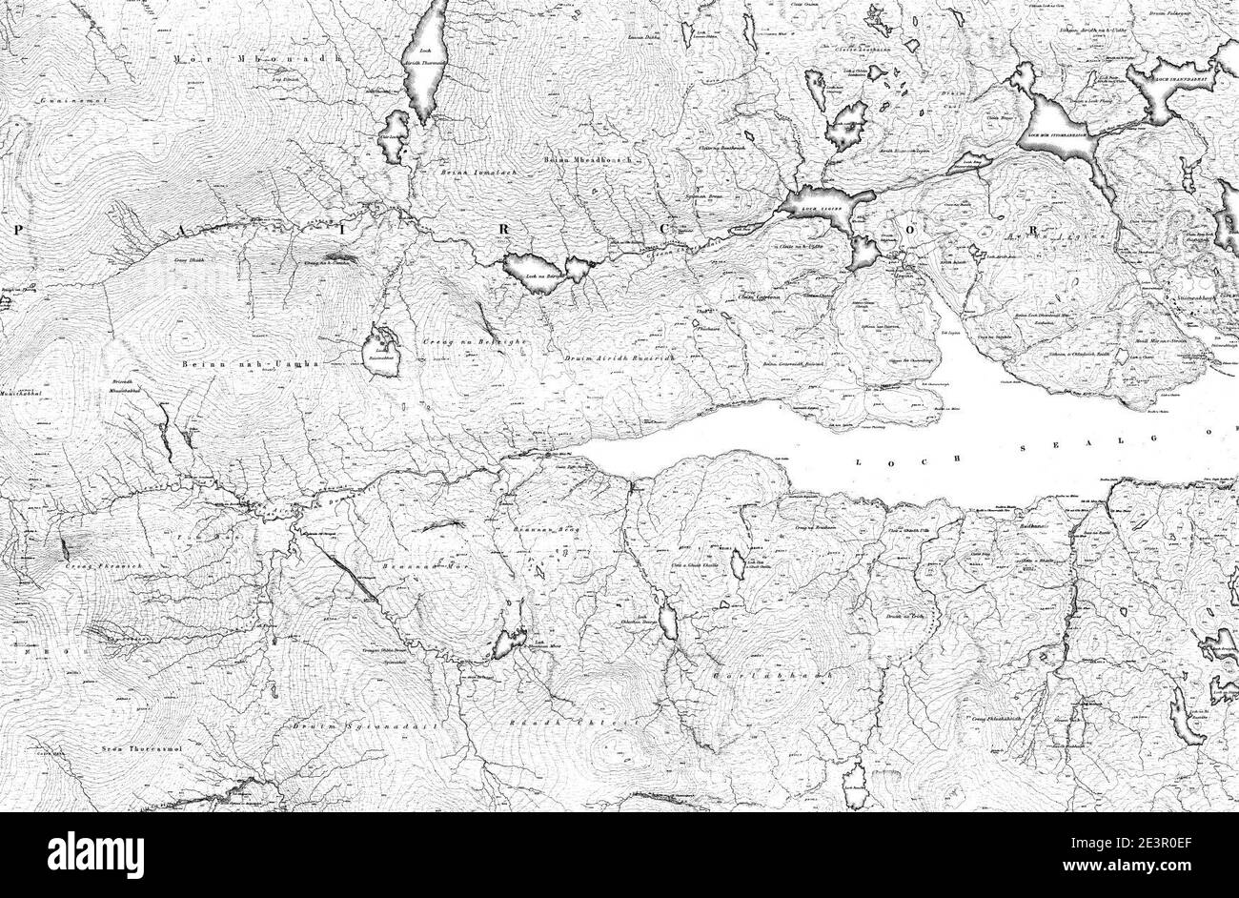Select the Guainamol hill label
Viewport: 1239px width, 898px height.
pos(65,99)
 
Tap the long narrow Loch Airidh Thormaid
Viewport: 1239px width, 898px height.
pos(424,57)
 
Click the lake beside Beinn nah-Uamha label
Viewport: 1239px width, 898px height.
pos(381,351)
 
